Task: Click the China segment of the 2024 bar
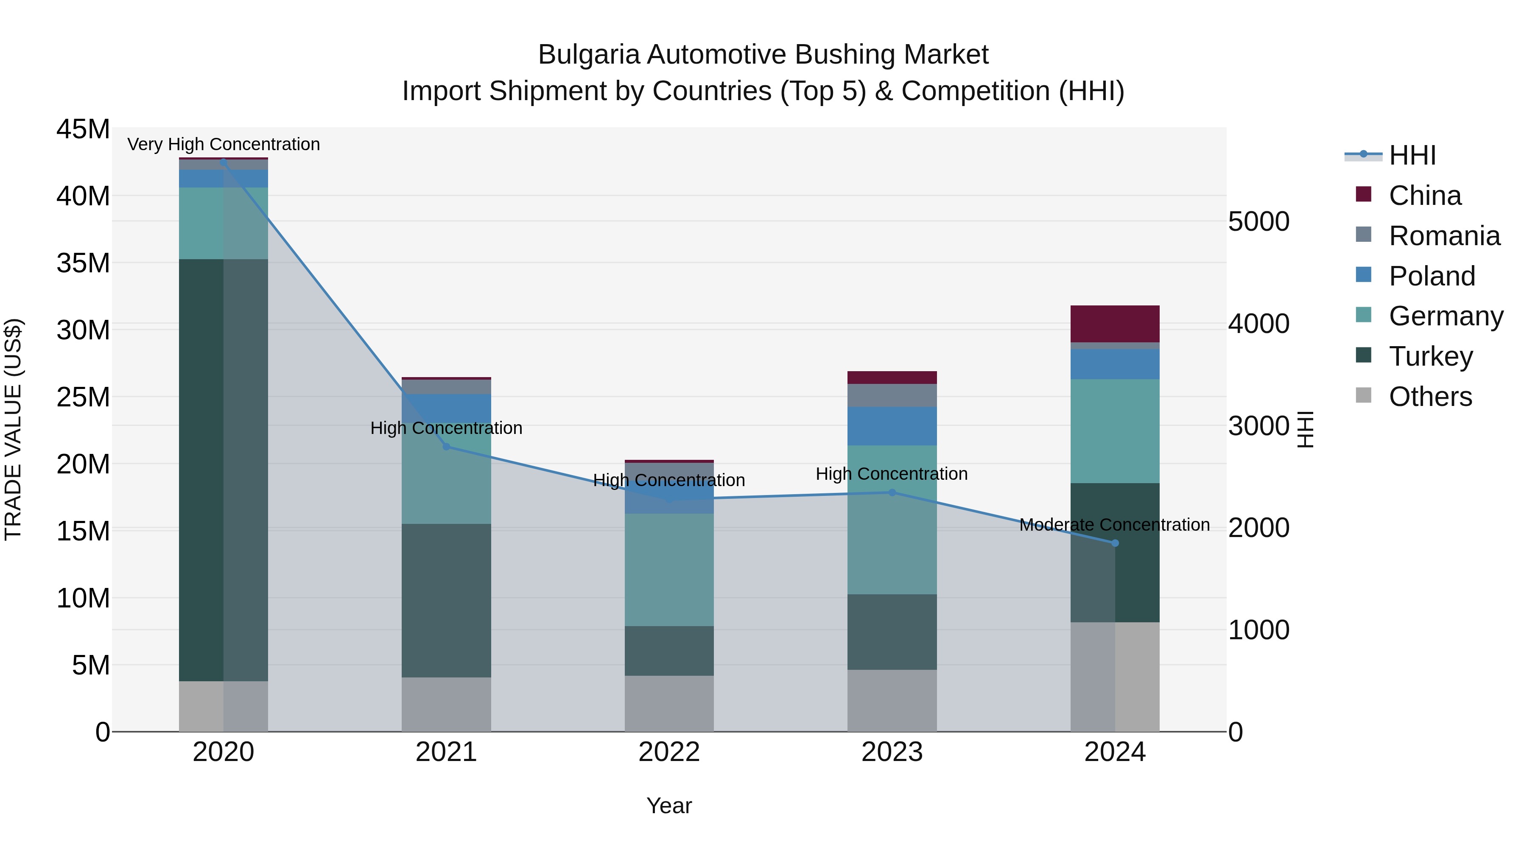point(1114,324)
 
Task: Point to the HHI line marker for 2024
point(1114,543)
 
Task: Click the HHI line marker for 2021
point(446,446)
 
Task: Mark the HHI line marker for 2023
point(892,492)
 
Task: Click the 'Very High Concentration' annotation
point(224,144)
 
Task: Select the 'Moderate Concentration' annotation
point(1114,525)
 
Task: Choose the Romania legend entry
point(1444,236)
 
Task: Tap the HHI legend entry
point(1412,155)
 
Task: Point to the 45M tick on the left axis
point(83,129)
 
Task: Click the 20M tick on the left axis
point(83,464)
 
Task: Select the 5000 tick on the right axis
point(1259,222)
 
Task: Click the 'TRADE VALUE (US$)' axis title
point(13,430)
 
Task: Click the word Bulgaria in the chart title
point(589,55)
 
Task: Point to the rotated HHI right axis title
point(1305,430)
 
